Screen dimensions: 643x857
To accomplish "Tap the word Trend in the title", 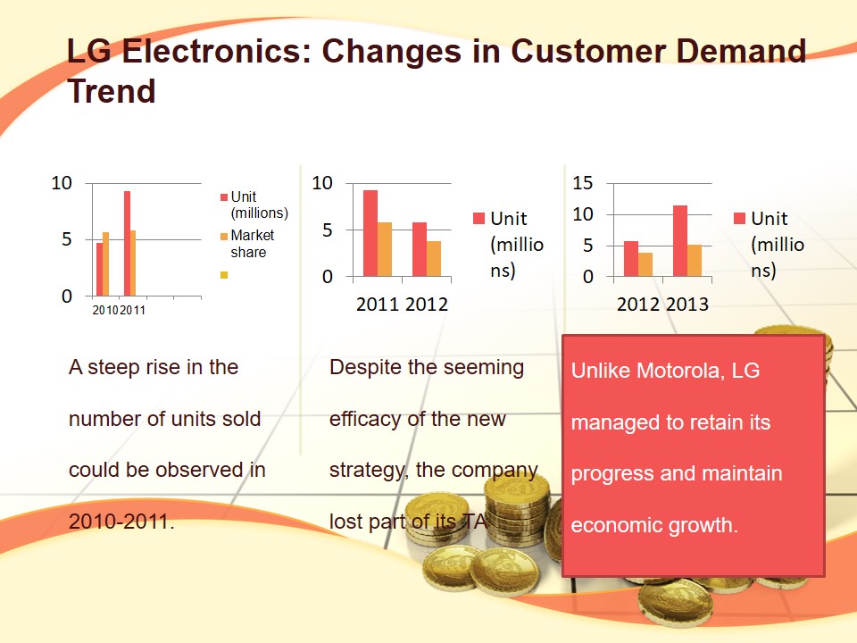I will click(112, 91).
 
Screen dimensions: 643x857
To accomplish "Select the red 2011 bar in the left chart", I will click(127, 243).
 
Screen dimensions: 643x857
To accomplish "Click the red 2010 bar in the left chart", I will click(100, 269).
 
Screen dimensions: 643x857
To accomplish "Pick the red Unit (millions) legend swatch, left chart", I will click(225, 197).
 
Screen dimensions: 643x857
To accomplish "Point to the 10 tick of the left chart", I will click(61, 183).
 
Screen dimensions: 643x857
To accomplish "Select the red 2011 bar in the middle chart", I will click(370, 233).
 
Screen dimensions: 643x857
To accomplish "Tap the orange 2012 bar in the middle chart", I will click(434, 258).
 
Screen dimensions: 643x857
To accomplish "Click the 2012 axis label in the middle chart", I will click(427, 305).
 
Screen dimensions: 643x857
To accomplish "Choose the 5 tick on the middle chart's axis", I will click(327, 230).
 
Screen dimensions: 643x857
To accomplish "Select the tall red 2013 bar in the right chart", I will click(680, 241).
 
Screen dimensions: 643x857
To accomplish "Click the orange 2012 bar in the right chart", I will click(645, 264).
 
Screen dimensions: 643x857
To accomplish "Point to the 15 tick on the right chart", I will click(582, 183).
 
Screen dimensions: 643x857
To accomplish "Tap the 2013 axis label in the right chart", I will click(686, 305).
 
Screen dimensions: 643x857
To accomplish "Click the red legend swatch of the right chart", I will click(739, 219).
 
